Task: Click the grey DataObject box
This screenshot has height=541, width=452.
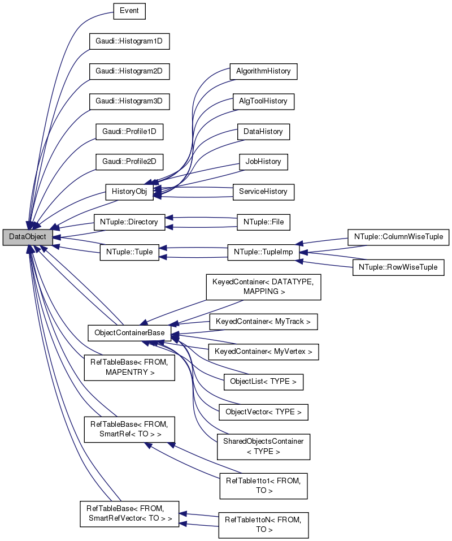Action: (28, 237)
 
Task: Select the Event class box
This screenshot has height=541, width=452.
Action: (129, 10)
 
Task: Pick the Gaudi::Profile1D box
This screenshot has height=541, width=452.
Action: (129, 132)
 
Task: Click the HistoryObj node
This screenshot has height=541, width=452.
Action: (129, 191)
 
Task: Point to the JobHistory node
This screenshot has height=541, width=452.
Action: (263, 161)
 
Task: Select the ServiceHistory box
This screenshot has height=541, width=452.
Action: (263, 191)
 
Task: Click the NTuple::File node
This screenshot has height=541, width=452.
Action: (263, 222)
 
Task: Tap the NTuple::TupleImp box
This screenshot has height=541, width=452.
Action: (263, 252)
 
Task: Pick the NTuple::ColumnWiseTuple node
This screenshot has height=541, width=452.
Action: (398, 237)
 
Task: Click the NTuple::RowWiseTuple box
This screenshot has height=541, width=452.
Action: (398, 267)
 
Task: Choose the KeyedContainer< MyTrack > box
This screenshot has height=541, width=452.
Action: (263, 322)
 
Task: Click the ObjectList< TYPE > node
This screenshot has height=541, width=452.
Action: (263, 382)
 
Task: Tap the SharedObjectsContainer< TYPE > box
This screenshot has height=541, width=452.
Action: (263, 447)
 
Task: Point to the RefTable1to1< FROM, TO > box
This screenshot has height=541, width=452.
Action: (263, 486)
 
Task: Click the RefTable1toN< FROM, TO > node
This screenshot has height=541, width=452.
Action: (263, 525)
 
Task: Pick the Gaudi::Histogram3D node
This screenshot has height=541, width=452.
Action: (129, 102)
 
